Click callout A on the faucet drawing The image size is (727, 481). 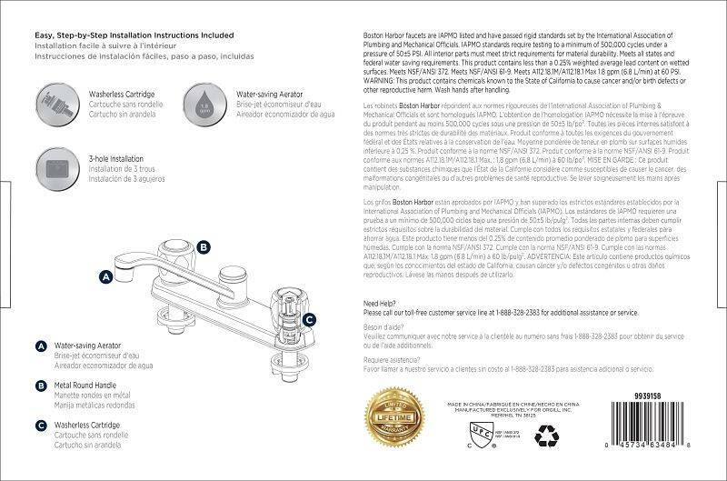[x=105, y=274]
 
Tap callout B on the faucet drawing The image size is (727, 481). [x=204, y=246]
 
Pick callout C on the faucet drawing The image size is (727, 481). [x=309, y=319]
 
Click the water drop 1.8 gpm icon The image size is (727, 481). [x=204, y=100]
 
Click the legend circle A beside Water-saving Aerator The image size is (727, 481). [x=41, y=347]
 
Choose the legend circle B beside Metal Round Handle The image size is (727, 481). [x=41, y=386]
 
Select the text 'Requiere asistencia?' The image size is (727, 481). [x=393, y=361]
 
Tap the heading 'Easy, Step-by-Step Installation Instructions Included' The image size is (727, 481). [x=134, y=35]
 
